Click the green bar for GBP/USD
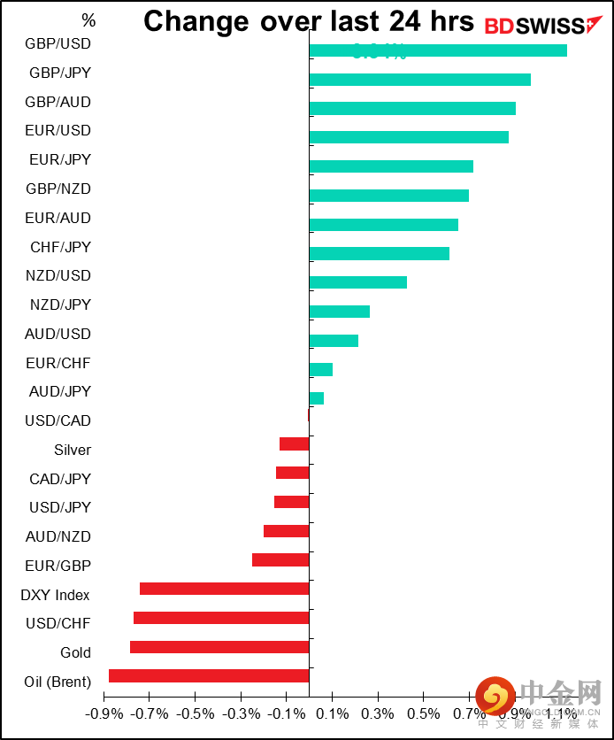click(438, 50)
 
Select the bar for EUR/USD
click(409, 137)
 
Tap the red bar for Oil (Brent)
click(209, 676)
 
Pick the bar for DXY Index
click(225, 590)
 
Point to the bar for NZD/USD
click(358, 282)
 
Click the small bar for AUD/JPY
click(317, 398)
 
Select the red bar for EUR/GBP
click(280, 560)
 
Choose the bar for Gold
click(219, 647)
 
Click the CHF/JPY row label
click(60, 247)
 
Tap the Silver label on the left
click(73, 450)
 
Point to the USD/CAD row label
click(58, 420)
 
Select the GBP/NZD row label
click(58, 189)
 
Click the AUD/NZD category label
click(58, 536)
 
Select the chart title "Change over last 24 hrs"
click(309, 21)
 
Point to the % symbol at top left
click(88, 19)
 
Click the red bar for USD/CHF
click(221, 618)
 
